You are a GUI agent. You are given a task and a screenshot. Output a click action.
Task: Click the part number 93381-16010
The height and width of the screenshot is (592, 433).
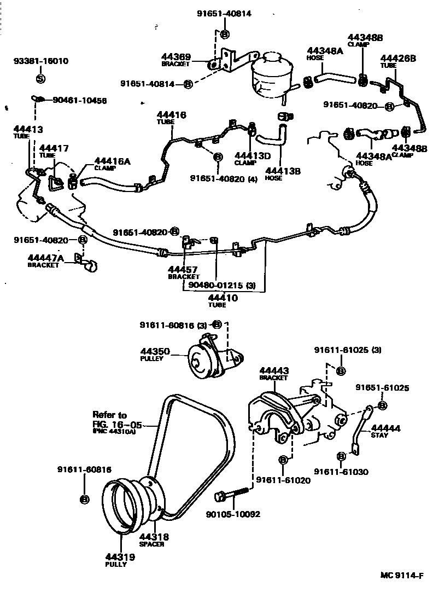pos(40,61)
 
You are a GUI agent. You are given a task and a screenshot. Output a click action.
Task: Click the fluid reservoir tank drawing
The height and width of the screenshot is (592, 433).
pos(271,74)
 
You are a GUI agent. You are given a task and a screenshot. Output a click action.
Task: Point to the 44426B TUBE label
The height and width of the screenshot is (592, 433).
pos(397,61)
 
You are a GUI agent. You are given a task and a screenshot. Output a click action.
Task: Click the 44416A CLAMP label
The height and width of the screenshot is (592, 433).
pos(112,164)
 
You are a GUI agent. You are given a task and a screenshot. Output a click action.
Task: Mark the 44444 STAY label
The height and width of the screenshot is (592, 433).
pos(385,431)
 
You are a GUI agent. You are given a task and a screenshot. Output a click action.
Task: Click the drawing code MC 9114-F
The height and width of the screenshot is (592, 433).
pos(403,575)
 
